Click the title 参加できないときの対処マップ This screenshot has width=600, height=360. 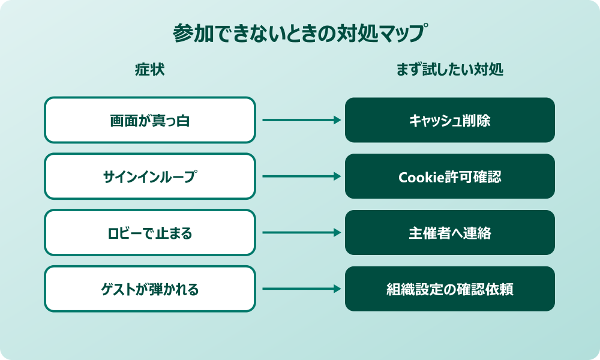[300, 34]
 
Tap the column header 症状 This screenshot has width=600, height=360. [149, 70]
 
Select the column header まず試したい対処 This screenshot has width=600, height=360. [449, 70]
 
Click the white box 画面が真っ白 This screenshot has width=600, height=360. [150, 120]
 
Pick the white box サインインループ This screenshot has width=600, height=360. [150, 176]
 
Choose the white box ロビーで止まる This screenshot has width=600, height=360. [150, 233]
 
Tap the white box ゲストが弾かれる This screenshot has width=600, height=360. [150, 289]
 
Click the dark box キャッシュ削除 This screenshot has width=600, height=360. [450, 120]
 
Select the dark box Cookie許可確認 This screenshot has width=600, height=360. [450, 176]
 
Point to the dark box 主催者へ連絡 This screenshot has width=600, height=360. [450, 233]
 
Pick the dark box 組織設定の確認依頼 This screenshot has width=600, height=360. [450, 289]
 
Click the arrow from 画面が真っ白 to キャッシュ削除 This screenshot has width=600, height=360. [300, 120]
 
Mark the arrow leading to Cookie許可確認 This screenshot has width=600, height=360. [300, 176]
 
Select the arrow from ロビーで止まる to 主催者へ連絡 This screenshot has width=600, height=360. [300, 233]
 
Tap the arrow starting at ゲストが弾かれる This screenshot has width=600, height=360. [300, 289]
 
